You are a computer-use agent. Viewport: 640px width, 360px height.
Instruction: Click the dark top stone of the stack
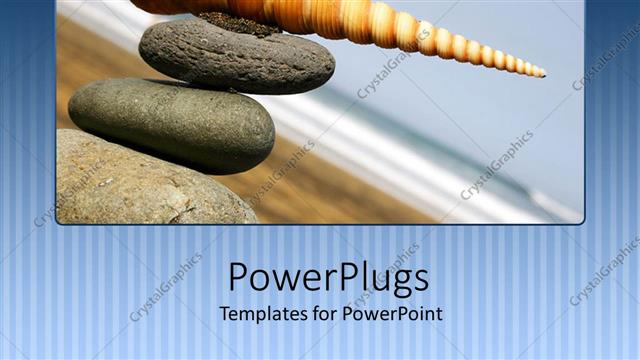236,57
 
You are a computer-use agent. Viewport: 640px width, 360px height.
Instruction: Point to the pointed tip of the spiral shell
542,73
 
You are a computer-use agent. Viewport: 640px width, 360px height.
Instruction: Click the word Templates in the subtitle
263,314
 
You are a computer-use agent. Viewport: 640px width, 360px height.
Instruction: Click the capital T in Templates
225,313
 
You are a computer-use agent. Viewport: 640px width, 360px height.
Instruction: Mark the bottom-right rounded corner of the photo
579,219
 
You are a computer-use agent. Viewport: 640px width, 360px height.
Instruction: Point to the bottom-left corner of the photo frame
59,221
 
